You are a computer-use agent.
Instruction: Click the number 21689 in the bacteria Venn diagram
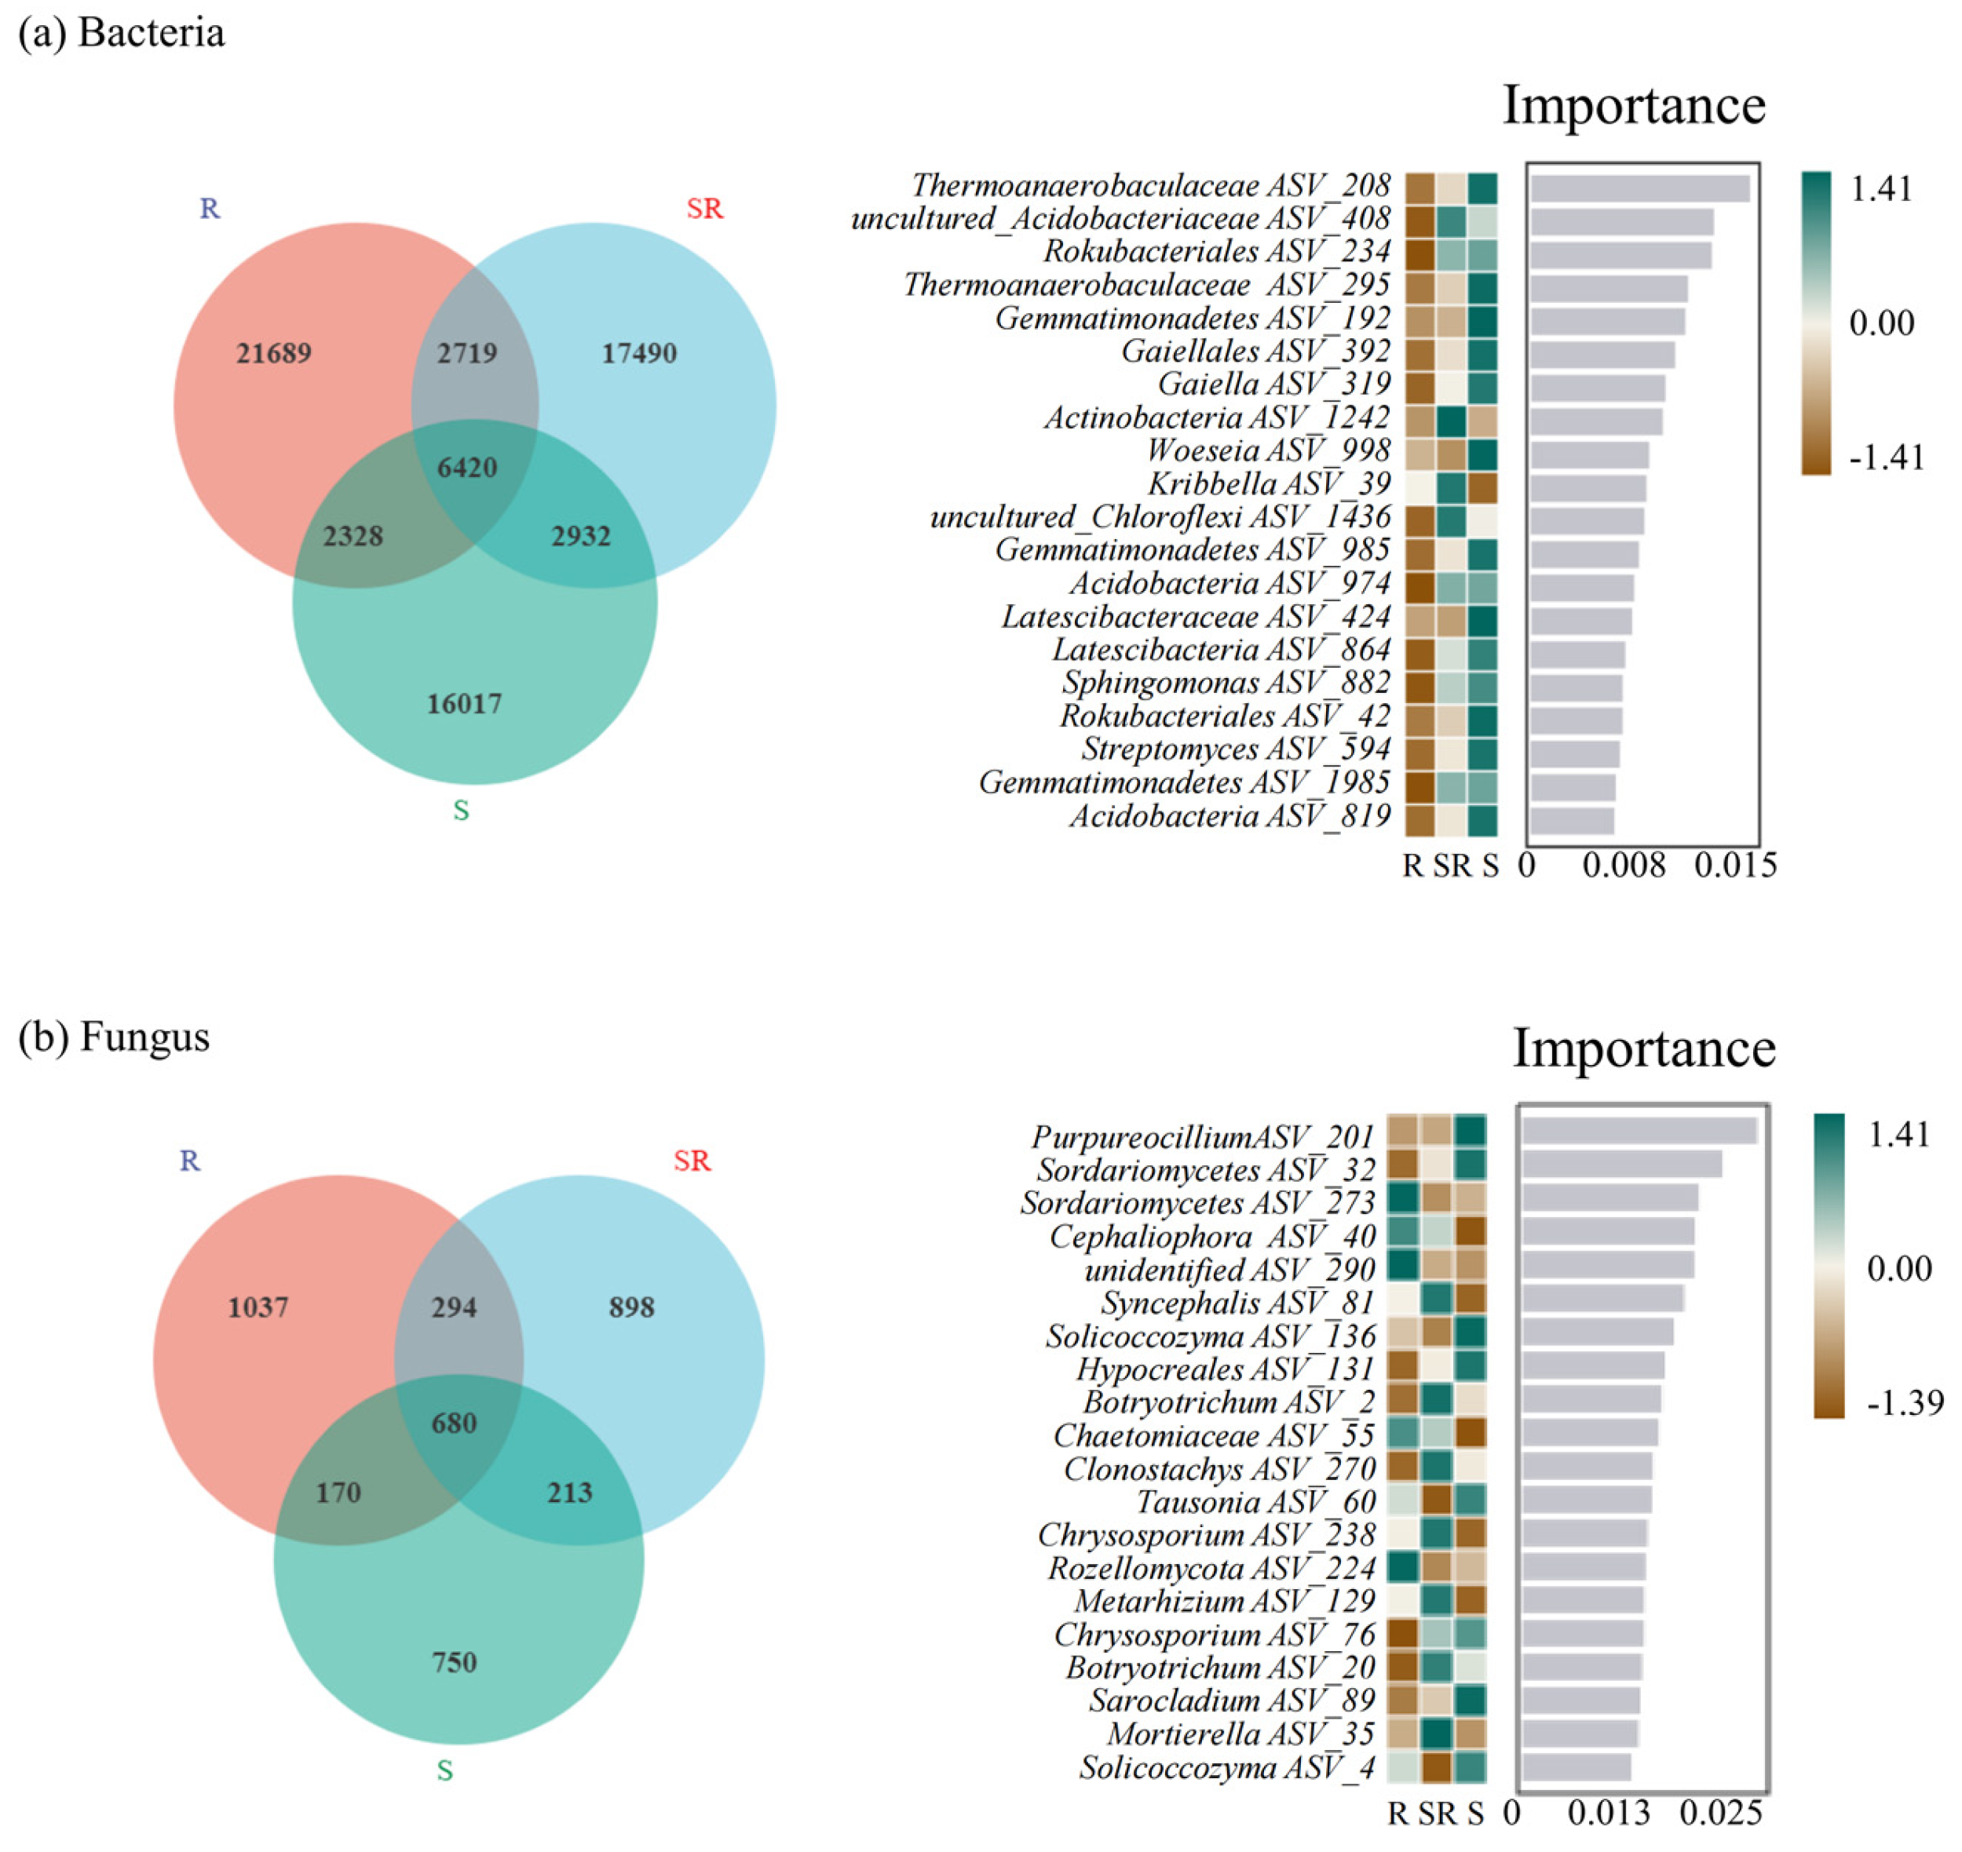[x=273, y=353]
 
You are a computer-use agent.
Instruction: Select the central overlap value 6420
[x=467, y=467]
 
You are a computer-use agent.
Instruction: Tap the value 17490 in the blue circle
[x=639, y=353]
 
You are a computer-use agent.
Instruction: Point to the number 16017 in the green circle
[x=464, y=704]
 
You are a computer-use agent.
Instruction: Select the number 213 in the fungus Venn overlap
[x=570, y=1492]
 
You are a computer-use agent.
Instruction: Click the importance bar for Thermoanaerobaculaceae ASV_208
[x=1640, y=188]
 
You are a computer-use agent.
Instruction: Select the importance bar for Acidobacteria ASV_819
[x=1572, y=820]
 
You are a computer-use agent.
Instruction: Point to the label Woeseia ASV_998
[x=1268, y=450]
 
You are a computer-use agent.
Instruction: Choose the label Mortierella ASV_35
[x=1241, y=1734]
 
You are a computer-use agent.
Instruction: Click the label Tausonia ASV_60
[x=1255, y=1501]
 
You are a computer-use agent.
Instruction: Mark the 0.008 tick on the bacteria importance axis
[x=1624, y=866]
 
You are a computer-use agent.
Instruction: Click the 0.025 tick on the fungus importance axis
[x=1721, y=1813]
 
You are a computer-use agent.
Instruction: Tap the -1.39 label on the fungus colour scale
[x=1905, y=1403]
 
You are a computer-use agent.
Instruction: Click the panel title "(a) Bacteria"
[x=122, y=33]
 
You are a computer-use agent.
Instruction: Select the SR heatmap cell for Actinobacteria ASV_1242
[x=1451, y=421]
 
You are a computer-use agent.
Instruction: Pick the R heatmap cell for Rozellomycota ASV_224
[x=1402, y=1566]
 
